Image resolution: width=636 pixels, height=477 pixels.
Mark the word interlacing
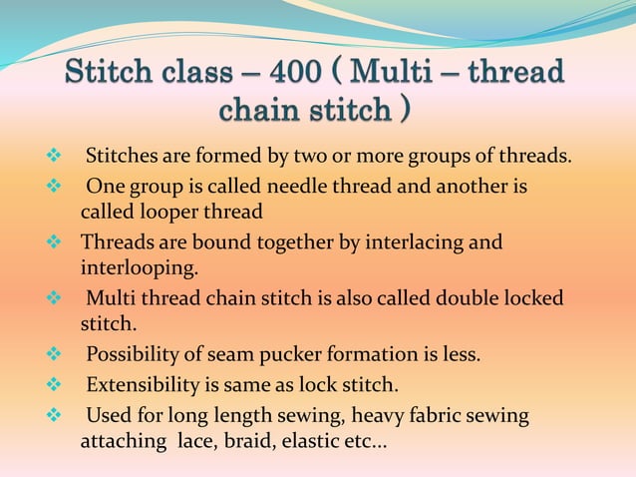[x=417, y=242]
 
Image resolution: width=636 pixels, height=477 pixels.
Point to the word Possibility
[x=133, y=354]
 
